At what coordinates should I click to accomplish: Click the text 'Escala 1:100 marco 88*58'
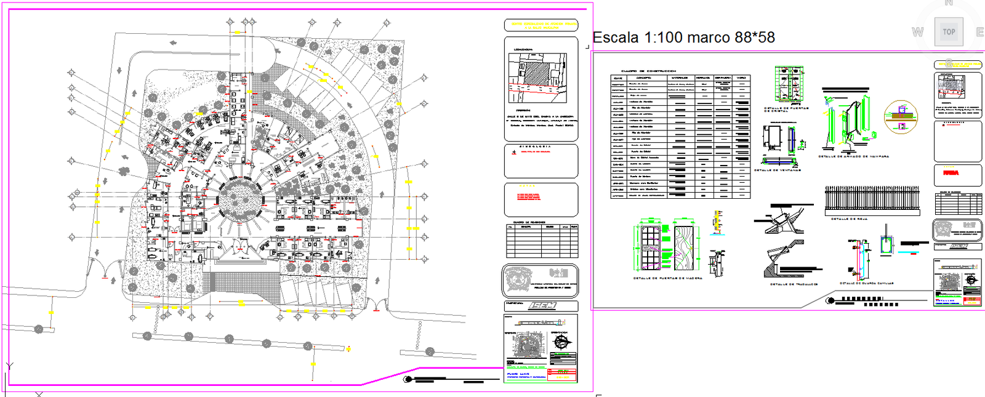(x=683, y=38)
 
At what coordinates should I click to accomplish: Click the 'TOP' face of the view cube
(x=949, y=32)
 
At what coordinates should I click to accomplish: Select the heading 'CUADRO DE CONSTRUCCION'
(x=648, y=71)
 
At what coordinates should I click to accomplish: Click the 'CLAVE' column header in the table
(x=617, y=78)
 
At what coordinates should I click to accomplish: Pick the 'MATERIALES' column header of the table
(x=680, y=78)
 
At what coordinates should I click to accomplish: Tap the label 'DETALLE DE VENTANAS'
(x=778, y=170)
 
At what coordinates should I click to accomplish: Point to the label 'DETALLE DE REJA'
(x=850, y=219)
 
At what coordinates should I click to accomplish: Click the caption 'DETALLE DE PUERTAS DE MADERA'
(x=667, y=278)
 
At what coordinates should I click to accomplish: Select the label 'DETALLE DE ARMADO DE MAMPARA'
(x=853, y=156)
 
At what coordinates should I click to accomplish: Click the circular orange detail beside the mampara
(x=901, y=116)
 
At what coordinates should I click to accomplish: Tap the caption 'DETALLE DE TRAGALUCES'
(x=794, y=284)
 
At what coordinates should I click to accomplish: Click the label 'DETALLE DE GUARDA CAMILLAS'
(x=866, y=284)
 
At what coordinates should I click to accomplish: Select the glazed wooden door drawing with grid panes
(x=651, y=247)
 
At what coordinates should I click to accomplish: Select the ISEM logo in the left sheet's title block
(x=542, y=306)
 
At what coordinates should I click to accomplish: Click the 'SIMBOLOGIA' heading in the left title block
(x=536, y=146)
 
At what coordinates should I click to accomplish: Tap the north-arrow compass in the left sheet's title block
(x=561, y=342)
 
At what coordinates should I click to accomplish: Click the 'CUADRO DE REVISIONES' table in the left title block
(x=542, y=241)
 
